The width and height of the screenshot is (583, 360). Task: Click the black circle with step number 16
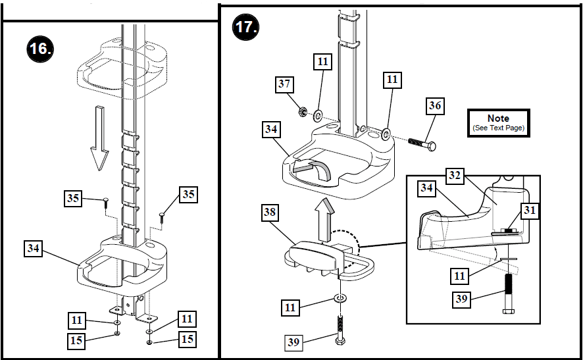[41, 49]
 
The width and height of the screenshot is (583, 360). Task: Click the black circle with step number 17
[247, 28]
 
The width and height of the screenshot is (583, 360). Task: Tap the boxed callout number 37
[284, 84]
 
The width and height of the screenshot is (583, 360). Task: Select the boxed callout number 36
[436, 105]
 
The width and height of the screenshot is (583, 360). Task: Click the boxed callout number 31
[530, 210]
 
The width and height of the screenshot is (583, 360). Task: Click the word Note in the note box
[498, 118]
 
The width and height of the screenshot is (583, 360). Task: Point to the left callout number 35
[74, 197]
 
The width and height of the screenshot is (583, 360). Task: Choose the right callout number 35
[189, 194]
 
